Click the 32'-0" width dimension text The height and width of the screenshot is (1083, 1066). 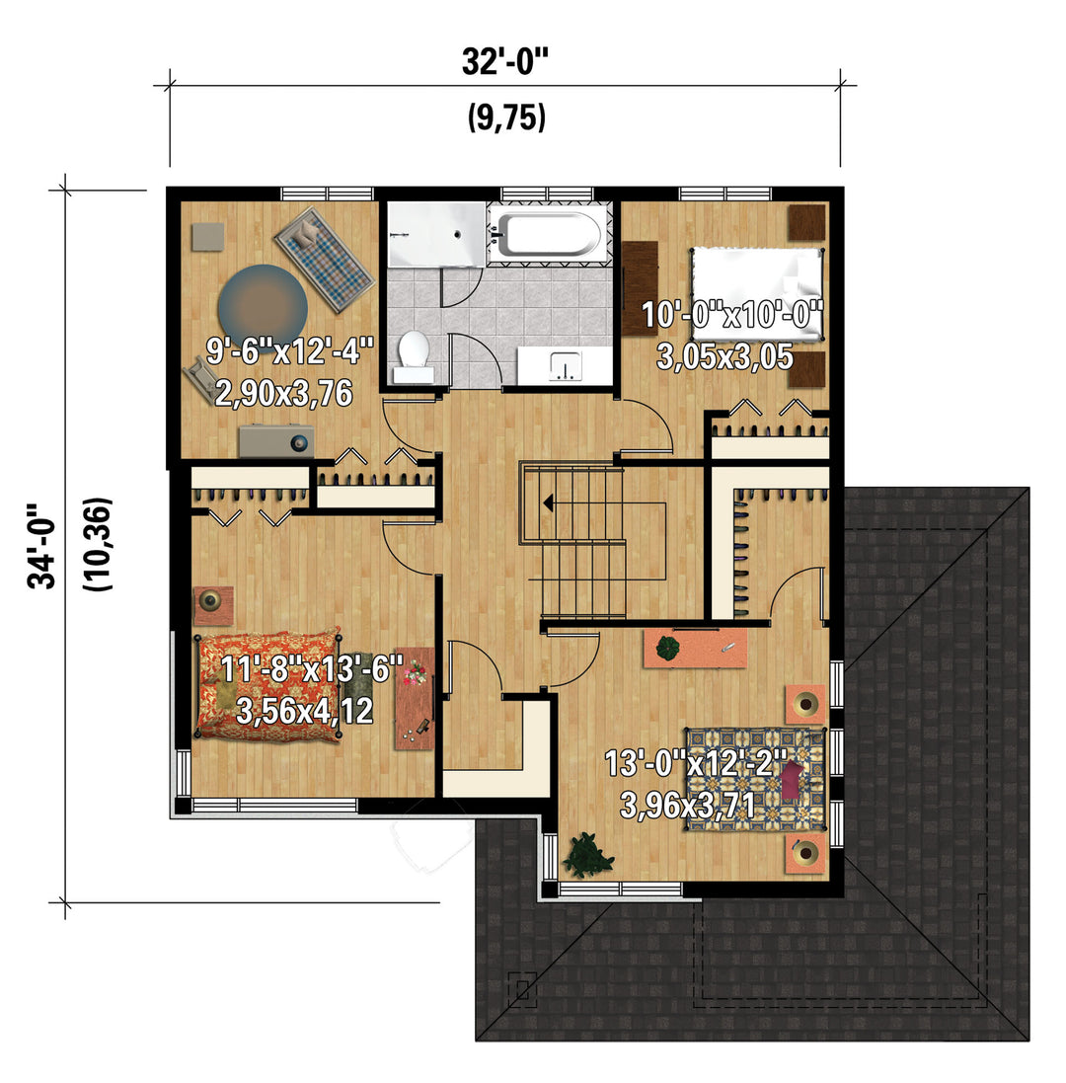coord(504,62)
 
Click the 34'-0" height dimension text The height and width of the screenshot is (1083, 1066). coord(41,546)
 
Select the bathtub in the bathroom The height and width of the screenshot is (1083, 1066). coord(549,234)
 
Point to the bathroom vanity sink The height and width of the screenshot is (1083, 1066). coord(565,364)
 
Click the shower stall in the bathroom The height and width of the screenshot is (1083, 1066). coord(435,233)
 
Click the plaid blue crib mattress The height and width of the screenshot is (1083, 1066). coord(324,259)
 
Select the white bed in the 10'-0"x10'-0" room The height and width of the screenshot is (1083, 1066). coord(757,294)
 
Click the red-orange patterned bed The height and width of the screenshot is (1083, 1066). coord(269,684)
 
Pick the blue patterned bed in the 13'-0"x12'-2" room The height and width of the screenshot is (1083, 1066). coord(755,778)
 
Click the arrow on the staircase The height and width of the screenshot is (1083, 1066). coord(548,503)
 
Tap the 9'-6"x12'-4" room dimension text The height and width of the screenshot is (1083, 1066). coord(290,350)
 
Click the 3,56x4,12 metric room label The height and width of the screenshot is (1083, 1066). coord(304,711)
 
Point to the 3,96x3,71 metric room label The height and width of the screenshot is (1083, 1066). coord(687,805)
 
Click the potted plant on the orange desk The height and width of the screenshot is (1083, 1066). coord(667,649)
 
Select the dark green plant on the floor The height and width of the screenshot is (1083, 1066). coord(588,854)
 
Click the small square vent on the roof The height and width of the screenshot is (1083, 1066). coord(522,990)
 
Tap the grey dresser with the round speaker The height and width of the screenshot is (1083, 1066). coord(276,440)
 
